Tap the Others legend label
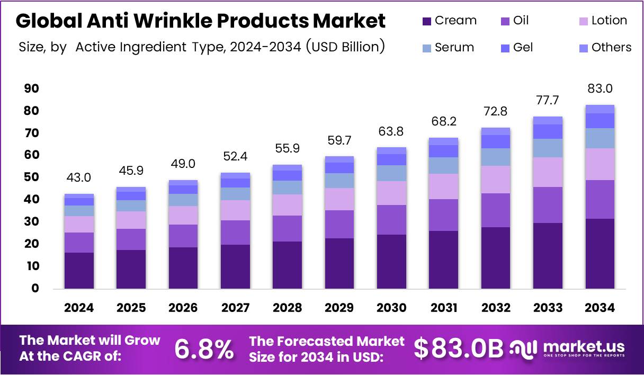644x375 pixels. click(x=611, y=48)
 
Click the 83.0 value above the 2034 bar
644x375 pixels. click(x=600, y=88)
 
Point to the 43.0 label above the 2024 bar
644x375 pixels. click(x=79, y=178)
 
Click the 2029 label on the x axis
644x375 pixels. click(x=339, y=308)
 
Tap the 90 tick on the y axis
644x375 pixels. click(x=31, y=88)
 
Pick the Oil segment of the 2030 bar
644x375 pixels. click(x=391, y=219)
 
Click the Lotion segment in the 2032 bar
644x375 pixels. click(x=496, y=179)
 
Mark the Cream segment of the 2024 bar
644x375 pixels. click(x=79, y=270)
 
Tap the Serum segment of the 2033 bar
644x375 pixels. click(x=548, y=148)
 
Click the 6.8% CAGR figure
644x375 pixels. click(x=204, y=349)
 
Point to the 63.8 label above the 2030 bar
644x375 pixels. click(x=391, y=131)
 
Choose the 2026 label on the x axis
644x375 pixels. click(x=183, y=308)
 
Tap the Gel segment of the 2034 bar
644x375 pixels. click(x=600, y=121)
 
